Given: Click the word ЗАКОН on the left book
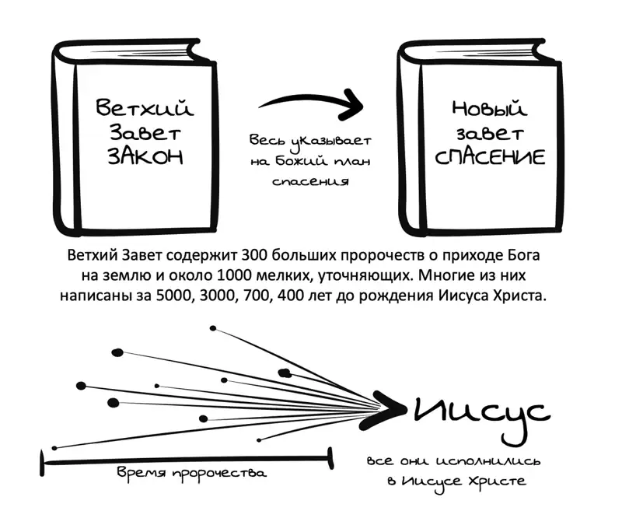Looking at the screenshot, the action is [x=145, y=156].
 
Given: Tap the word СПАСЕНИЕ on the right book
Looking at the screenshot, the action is [x=490, y=157].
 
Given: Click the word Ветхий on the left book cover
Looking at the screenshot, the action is [x=145, y=107].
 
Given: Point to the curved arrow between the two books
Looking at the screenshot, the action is [x=313, y=100].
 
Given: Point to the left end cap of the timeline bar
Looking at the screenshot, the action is [x=42, y=462].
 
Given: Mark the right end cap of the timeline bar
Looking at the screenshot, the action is [x=330, y=459].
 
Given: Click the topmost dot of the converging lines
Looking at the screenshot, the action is [x=213, y=328].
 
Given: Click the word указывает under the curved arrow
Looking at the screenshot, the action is [x=332, y=142].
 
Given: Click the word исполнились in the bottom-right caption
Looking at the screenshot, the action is [x=488, y=461].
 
